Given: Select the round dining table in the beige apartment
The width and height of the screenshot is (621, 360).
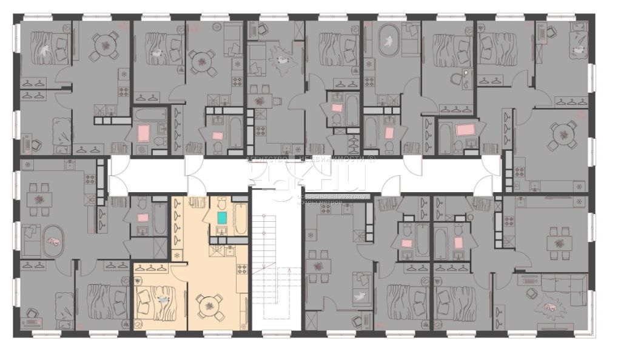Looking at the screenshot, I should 209,304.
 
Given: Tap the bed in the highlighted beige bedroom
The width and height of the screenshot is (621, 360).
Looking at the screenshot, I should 158,300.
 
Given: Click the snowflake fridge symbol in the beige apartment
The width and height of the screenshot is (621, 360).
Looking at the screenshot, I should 177,256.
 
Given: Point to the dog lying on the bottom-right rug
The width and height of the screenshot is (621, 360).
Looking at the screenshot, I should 550,307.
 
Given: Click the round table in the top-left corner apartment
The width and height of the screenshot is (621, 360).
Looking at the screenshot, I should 105,45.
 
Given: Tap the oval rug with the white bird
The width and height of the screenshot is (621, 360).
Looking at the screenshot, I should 386,41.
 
